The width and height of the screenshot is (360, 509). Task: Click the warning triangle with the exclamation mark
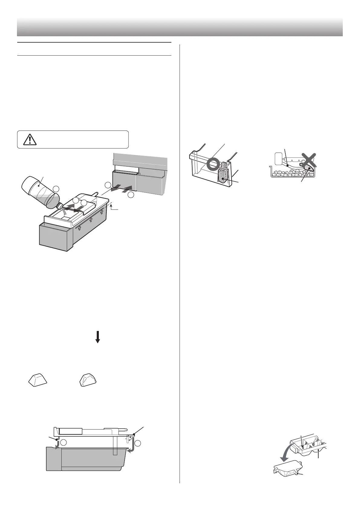(29, 139)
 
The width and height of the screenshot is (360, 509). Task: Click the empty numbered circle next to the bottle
(56, 189)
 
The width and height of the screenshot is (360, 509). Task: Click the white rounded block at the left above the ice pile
(278, 158)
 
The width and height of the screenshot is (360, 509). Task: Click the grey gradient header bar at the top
(180, 27)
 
